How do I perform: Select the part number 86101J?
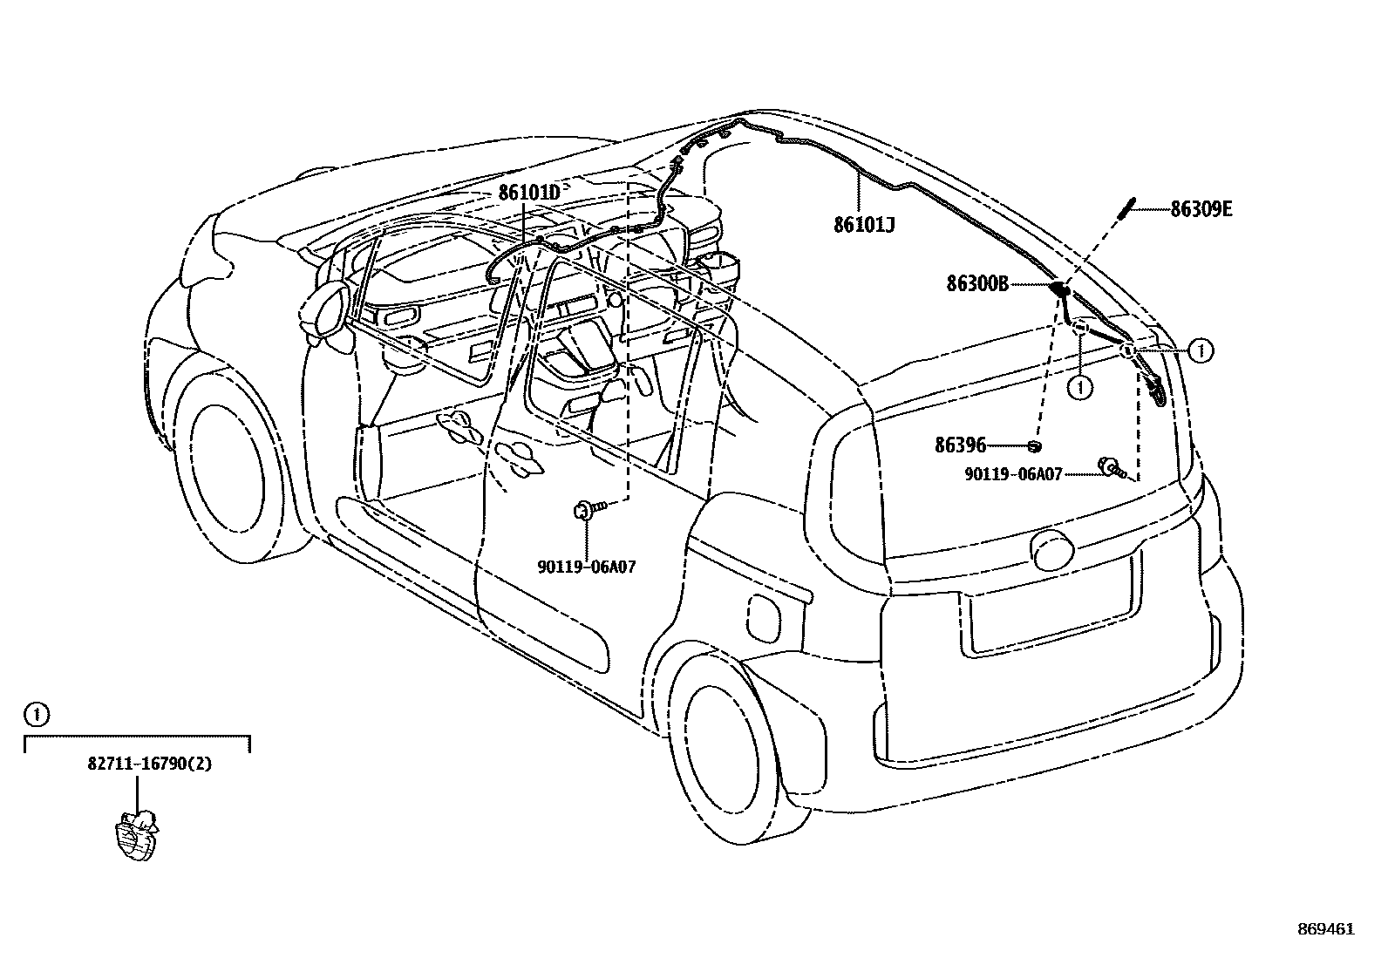(864, 225)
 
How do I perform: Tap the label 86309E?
(1201, 209)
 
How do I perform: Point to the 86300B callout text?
(977, 283)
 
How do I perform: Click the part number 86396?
(960, 445)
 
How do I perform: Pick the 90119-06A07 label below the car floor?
(586, 567)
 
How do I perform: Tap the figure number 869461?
(1325, 929)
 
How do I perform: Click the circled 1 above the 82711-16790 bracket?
(35, 715)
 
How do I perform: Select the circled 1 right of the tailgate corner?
(1201, 350)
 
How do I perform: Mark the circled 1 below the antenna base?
(1080, 386)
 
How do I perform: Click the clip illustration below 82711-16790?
(138, 836)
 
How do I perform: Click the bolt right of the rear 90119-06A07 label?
(1112, 468)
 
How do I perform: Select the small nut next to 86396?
(1035, 446)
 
